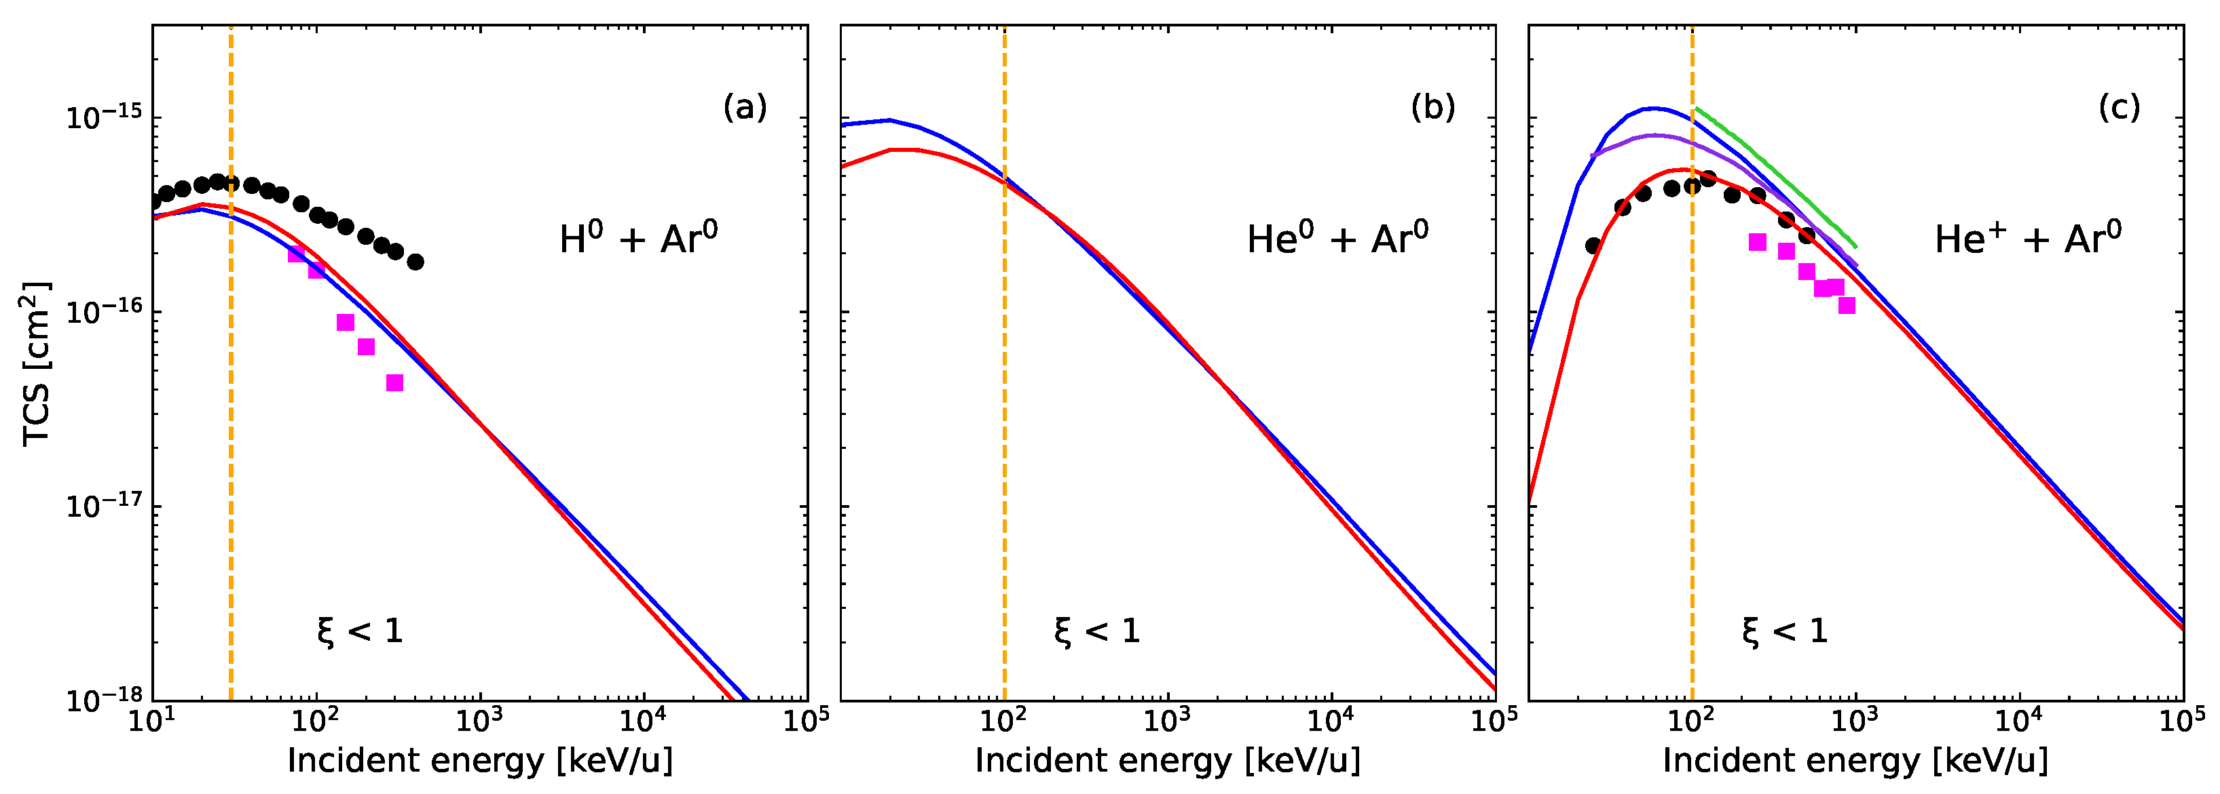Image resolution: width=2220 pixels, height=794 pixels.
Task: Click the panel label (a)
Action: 745,108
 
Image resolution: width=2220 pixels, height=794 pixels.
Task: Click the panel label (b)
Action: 1432,108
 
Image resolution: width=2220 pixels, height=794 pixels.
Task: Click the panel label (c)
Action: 2119,108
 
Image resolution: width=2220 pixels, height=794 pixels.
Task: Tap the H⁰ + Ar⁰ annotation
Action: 637,239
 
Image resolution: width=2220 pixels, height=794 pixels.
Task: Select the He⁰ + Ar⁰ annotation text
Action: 1337,239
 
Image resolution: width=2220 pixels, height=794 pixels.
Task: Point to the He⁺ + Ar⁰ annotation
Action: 2027,239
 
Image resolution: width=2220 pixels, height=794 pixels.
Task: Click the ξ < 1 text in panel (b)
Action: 1096,632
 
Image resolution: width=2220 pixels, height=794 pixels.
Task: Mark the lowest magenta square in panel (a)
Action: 394,382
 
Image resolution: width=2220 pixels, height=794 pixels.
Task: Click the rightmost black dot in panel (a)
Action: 415,262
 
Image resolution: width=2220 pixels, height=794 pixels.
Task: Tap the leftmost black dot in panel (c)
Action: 1593,246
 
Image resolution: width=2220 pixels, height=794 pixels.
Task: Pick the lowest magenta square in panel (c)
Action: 1847,305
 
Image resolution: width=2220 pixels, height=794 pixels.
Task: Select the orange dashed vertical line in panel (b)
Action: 1004,431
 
